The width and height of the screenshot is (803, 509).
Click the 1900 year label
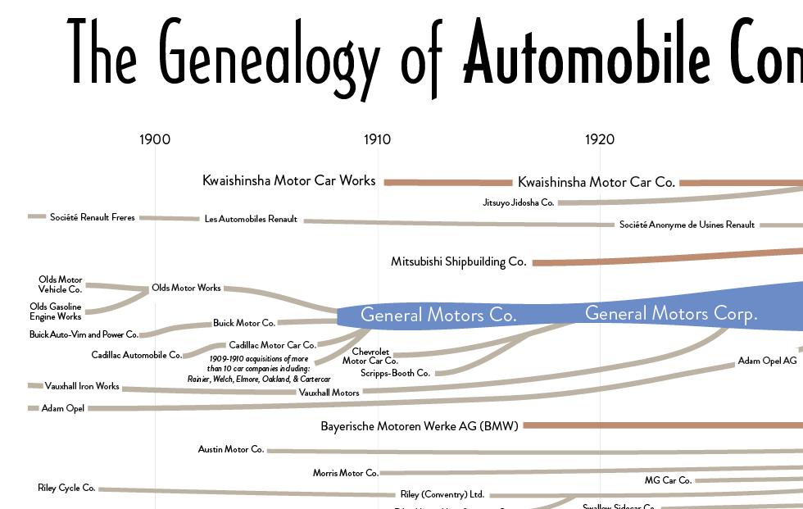(155, 139)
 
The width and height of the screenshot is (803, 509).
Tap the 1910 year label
(377, 139)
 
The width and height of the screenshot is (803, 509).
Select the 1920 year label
(600, 139)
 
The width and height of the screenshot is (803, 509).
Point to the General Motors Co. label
(438, 315)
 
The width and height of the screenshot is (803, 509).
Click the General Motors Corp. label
(671, 313)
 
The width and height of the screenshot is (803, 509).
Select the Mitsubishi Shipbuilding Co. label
(458, 262)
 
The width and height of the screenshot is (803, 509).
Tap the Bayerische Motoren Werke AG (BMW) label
(419, 426)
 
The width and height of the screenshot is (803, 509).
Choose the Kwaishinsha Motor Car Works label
(288, 180)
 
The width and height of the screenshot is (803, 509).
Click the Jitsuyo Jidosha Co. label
(519, 202)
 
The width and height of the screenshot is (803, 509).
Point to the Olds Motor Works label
(186, 288)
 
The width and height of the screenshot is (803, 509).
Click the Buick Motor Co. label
(244, 323)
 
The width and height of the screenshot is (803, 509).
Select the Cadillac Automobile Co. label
(137, 355)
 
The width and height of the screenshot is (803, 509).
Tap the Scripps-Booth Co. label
(395, 373)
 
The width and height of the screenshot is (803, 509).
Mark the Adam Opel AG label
(767, 361)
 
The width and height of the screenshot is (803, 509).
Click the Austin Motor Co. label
(231, 449)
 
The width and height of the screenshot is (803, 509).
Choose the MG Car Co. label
(669, 480)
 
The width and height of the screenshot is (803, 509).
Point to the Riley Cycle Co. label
(66, 488)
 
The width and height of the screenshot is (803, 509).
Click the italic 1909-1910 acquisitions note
(258, 369)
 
